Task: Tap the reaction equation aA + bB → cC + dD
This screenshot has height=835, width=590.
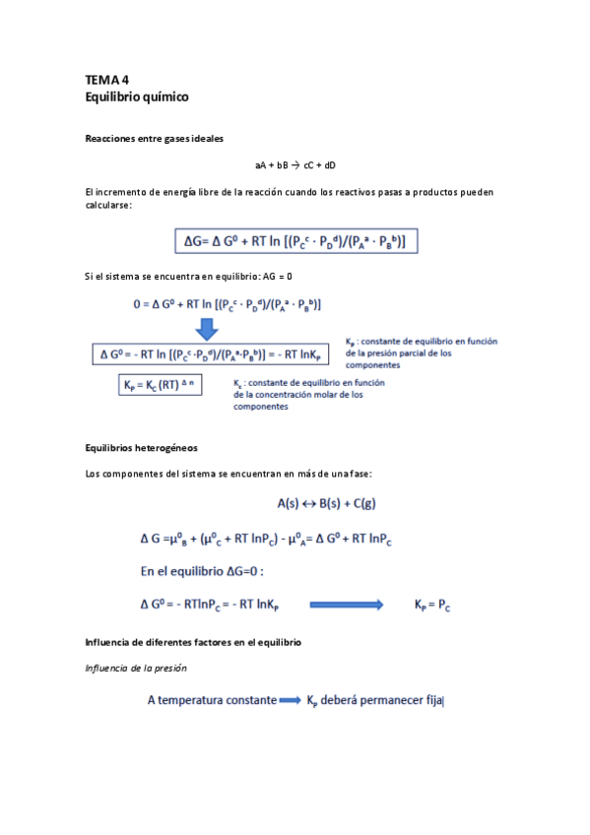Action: point(295,165)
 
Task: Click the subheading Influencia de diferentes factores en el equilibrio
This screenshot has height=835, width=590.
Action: point(193,642)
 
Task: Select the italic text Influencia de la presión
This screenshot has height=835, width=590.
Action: point(137,669)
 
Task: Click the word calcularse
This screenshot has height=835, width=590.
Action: point(108,205)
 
